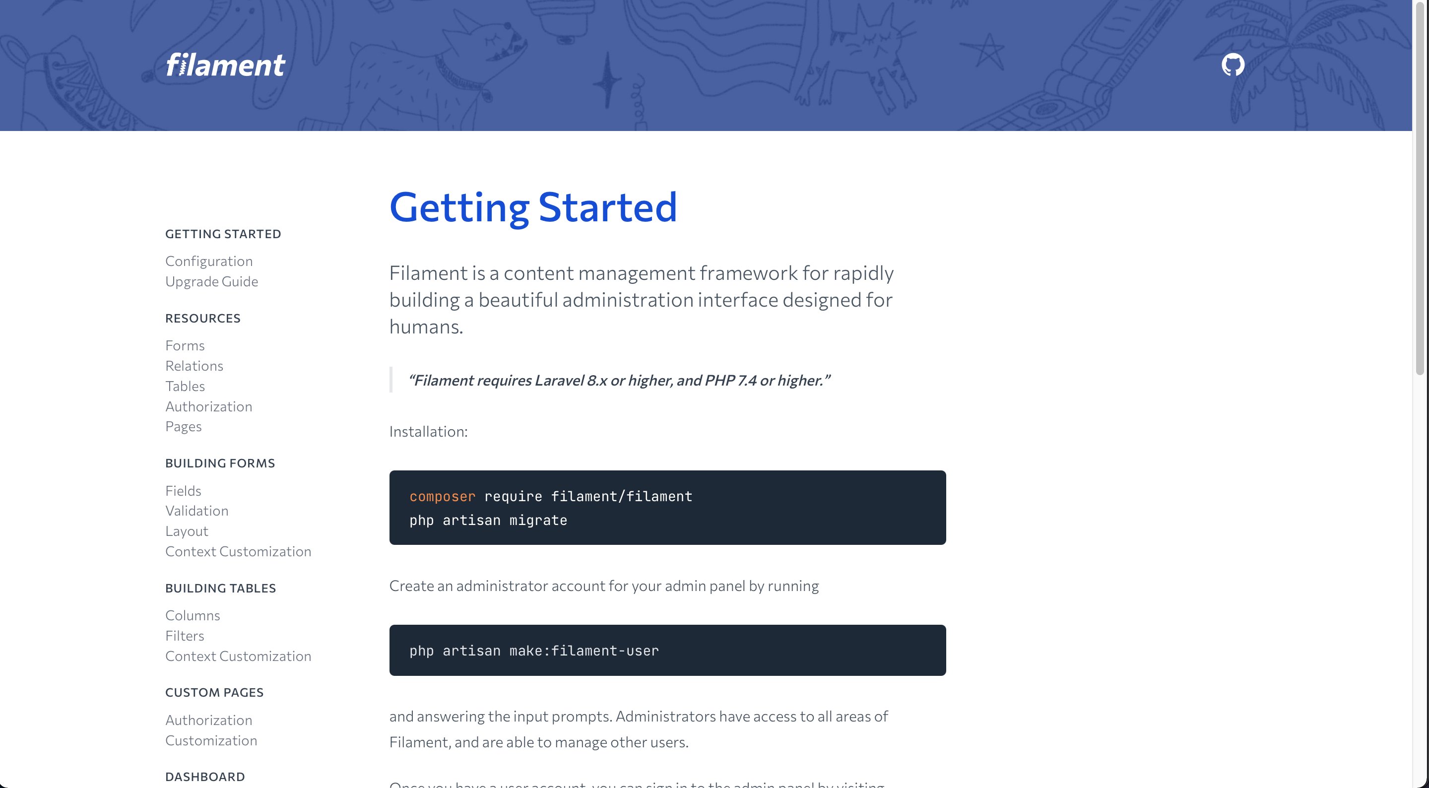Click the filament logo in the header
tap(225, 65)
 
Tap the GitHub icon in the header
tap(1233, 65)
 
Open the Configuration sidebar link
tap(209, 262)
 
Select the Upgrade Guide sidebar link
tap(212, 281)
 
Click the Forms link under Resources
tap(185, 346)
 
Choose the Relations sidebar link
tap(194, 366)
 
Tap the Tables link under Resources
tap(185, 386)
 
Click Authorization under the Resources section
tap(208, 407)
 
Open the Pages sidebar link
tap(184, 427)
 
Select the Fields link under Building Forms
tap(183, 491)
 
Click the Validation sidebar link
tap(197, 511)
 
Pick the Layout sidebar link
tap(187, 531)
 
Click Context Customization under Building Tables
tap(239, 657)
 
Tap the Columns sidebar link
tap(193, 616)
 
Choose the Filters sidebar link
tap(185, 636)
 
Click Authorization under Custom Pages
tap(208, 721)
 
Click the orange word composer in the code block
tap(443, 497)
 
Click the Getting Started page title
tap(533, 207)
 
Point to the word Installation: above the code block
tap(428, 432)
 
